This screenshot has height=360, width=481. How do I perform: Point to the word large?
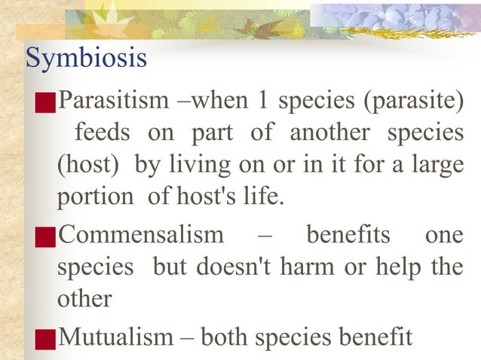(437, 165)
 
